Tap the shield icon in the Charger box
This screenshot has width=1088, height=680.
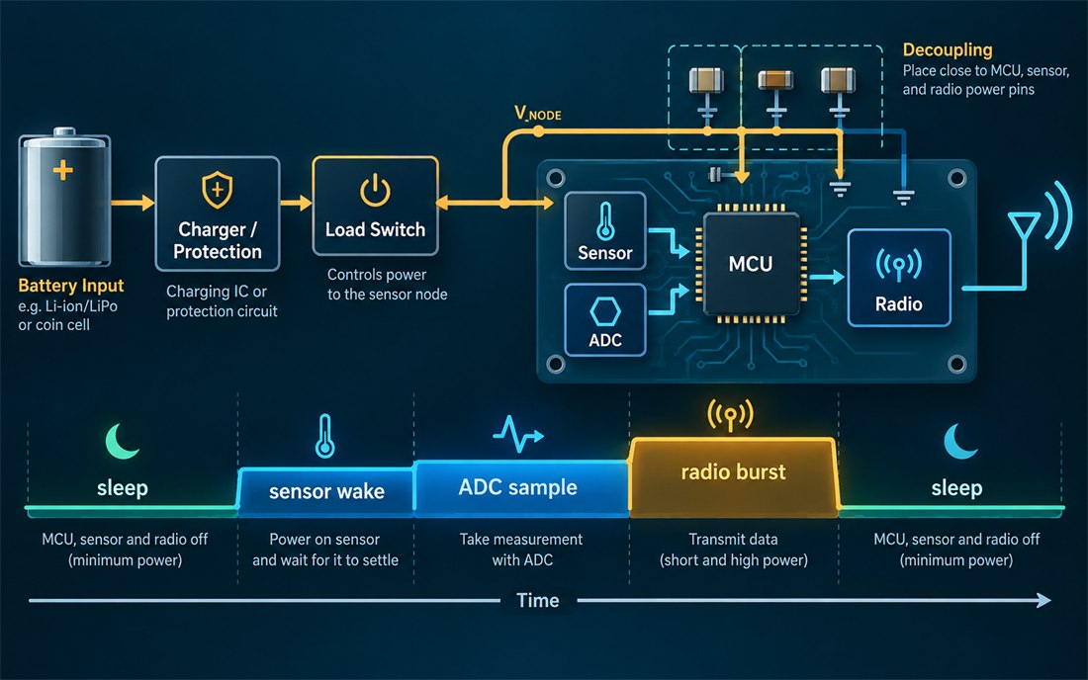tap(218, 189)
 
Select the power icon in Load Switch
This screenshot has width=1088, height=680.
tap(375, 191)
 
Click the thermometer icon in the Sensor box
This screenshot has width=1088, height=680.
tap(605, 221)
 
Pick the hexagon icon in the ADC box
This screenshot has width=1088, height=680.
tap(605, 311)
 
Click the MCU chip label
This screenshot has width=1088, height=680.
tap(750, 264)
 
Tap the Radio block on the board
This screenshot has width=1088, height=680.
tap(898, 278)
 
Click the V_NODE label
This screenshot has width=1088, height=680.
tap(538, 113)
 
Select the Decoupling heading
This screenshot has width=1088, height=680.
tap(948, 49)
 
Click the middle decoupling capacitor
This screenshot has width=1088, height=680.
tap(775, 80)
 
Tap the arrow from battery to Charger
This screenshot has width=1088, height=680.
tap(133, 203)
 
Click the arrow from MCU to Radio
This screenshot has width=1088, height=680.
tap(827, 278)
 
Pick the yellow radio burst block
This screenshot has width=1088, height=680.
tap(733, 477)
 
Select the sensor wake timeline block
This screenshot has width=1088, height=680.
tap(325, 491)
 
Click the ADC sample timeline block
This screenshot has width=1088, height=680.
tap(521, 487)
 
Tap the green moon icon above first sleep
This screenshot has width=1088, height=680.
tap(122, 442)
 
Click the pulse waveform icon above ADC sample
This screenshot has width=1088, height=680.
tap(518, 434)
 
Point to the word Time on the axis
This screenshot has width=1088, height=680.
tap(538, 600)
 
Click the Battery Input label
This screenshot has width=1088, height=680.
tap(71, 286)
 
